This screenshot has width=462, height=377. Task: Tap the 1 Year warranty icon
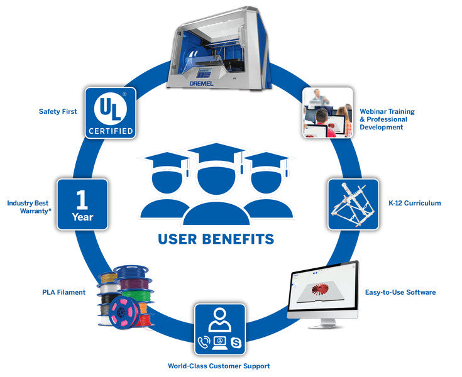(x=82, y=204)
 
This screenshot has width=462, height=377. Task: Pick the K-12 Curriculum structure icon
(x=354, y=204)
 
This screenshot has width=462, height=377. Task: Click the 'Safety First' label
(x=58, y=112)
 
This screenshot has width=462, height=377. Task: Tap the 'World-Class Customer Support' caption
(x=219, y=366)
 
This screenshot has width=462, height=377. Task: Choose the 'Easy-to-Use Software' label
(x=400, y=292)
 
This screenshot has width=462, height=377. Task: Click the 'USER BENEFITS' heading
(x=216, y=239)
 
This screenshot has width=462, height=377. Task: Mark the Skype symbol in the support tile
(x=236, y=343)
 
